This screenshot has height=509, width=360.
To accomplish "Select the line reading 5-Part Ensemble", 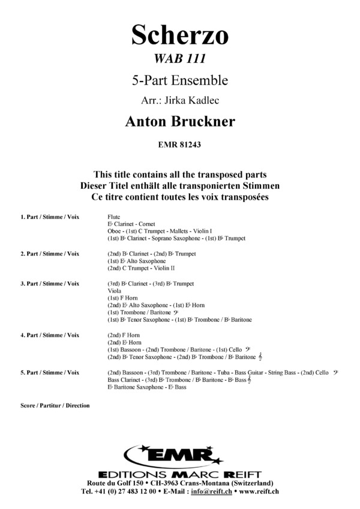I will click(x=180, y=80).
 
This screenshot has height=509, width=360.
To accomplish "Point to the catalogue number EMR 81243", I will click(x=180, y=144).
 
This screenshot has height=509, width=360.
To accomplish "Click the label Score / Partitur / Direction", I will click(x=55, y=406).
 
